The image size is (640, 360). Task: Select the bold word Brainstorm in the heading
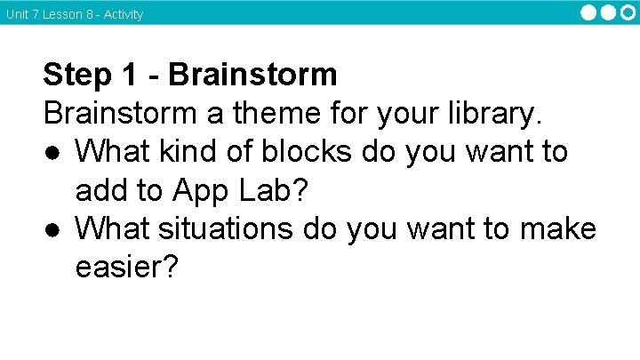point(252,75)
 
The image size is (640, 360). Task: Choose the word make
point(555,229)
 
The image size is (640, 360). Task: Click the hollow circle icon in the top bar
point(627,12)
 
